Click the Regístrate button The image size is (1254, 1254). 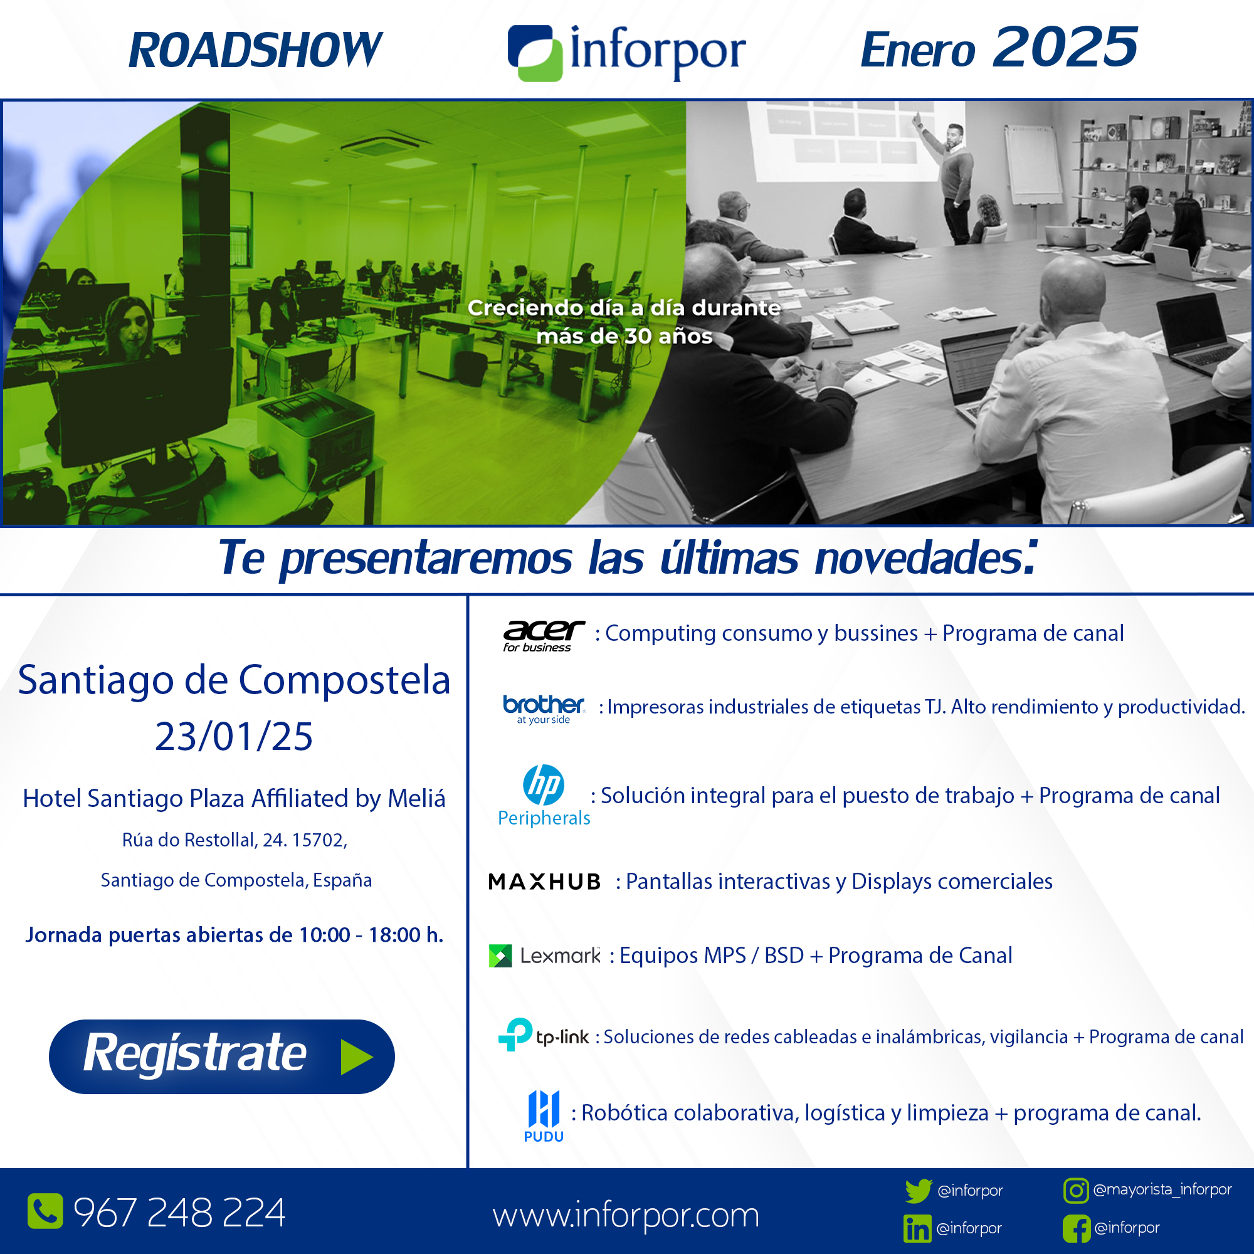[221, 1056]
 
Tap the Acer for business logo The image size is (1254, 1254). [543, 635]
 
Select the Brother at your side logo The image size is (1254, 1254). [544, 709]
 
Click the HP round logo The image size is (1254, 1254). [543, 784]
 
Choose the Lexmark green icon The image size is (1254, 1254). [500, 956]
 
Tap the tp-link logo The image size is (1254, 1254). [543, 1035]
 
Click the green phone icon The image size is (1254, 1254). [45, 1211]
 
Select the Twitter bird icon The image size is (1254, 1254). [919, 1191]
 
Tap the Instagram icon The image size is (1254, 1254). [1075, 1191]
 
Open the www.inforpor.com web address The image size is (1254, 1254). [626, 1215]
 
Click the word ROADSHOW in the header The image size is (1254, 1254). [255, 50]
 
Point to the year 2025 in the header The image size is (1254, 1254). [1065, 47]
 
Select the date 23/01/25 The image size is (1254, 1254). [234, 736]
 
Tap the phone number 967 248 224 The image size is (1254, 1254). [179, 1212]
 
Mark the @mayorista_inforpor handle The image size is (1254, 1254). [1162, 1189]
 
